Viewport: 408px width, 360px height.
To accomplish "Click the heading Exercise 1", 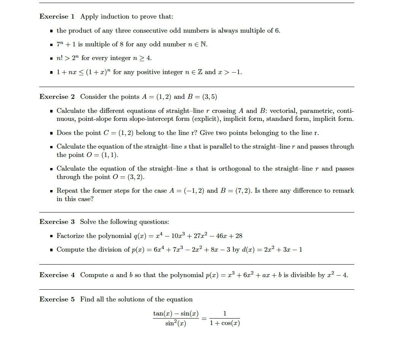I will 57,17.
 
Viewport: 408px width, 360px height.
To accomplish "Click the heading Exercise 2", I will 57,97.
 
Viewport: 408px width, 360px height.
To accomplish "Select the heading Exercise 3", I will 57,222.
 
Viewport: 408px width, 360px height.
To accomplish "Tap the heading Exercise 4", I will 57,275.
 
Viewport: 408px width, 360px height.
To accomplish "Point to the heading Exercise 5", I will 57,300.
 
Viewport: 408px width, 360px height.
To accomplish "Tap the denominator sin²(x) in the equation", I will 175,324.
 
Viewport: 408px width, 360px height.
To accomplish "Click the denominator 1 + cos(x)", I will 225,324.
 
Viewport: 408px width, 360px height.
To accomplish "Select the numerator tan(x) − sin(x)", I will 175,314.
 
